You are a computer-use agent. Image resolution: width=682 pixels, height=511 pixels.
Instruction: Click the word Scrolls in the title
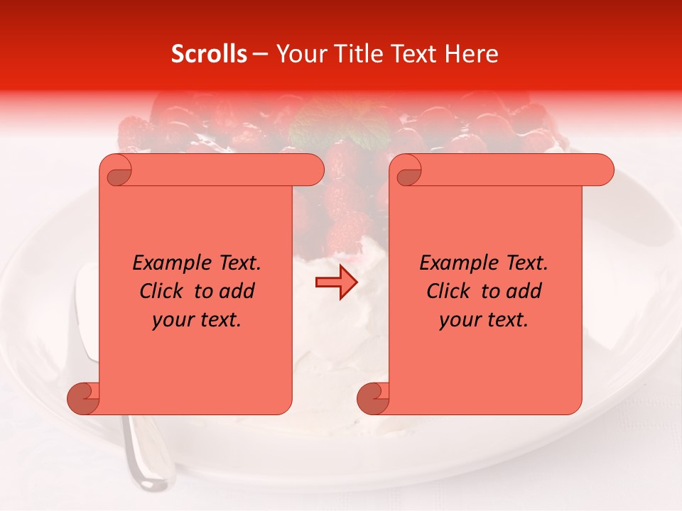209,54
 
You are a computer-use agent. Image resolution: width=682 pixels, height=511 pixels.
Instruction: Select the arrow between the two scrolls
336,283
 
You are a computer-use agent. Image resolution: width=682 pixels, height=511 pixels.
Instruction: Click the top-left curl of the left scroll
116,171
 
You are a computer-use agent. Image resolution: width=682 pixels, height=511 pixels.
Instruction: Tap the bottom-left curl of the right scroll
373,398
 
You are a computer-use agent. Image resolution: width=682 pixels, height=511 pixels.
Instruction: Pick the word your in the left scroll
173,320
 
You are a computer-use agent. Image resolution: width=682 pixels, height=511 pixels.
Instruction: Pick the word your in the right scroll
460,320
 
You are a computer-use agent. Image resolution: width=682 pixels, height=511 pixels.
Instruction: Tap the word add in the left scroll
237,291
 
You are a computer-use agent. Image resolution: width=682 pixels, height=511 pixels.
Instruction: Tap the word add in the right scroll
524,291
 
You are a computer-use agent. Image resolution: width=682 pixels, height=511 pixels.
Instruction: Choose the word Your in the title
298,54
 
